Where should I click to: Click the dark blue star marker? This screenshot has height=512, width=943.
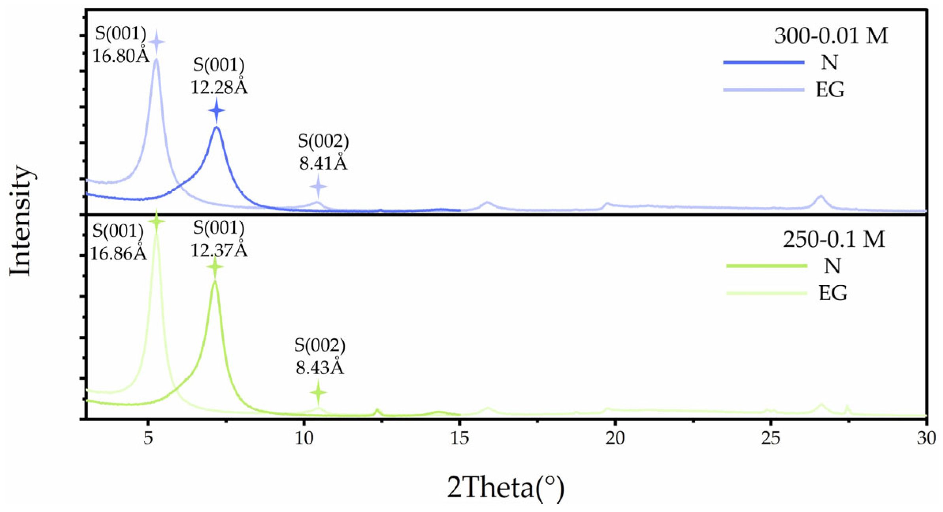217,111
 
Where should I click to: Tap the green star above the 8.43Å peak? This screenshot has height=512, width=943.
318,392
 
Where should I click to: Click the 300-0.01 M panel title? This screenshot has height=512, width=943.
831,36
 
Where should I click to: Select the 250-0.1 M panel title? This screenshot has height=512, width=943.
834,239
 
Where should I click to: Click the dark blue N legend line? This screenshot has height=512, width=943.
764,62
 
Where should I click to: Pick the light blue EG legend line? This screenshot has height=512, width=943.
764,90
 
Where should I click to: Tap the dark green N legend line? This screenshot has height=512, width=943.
766,266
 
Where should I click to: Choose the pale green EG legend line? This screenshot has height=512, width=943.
766,293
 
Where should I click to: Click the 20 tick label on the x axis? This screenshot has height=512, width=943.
615,438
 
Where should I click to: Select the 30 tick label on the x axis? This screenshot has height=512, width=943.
926,438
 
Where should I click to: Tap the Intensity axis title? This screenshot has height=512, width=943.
21,220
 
